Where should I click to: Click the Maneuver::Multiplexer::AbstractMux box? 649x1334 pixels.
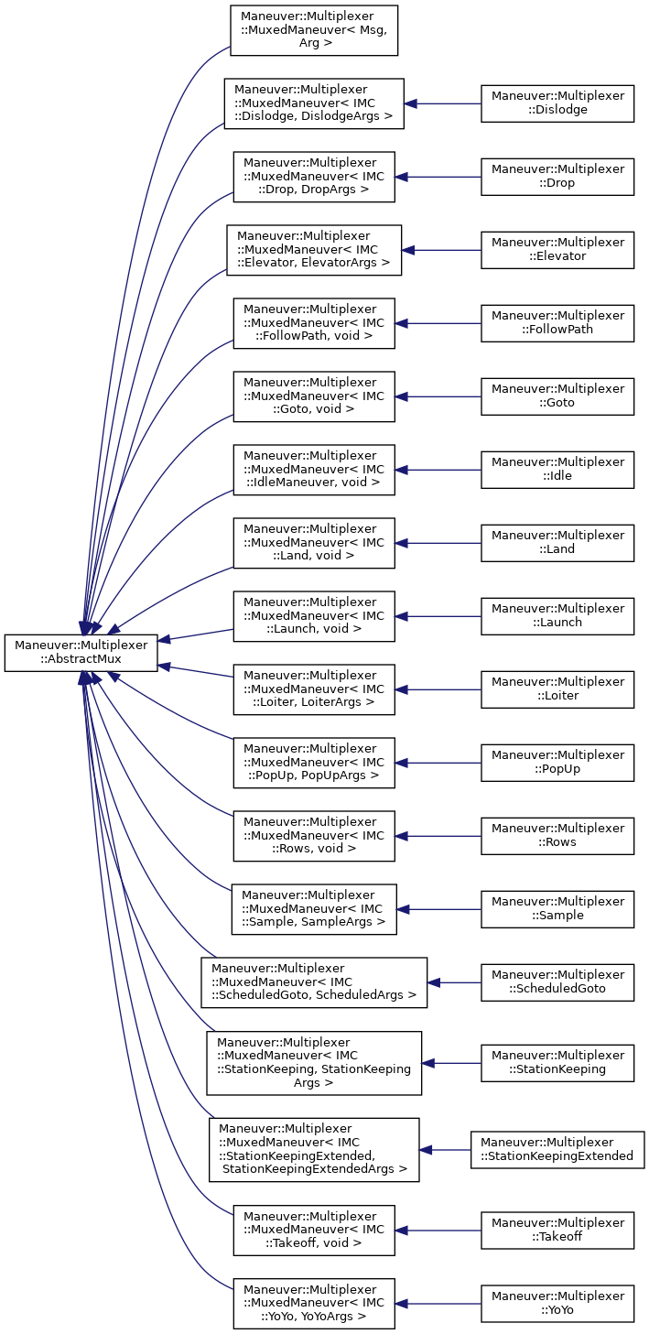point(81,652)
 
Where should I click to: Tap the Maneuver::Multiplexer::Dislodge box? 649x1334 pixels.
point(557,103)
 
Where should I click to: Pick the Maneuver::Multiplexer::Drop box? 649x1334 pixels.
point(557,176)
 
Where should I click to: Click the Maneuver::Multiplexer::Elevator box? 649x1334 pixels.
point(557,249)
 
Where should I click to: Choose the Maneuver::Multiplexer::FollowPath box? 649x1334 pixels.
point(557,322)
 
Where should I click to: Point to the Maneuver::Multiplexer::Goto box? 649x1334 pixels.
point(557,396)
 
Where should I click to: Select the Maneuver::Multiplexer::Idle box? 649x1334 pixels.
point(557,469)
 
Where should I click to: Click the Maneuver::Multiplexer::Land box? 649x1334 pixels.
point(557,542)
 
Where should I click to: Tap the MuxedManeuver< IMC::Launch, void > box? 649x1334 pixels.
point(313,615)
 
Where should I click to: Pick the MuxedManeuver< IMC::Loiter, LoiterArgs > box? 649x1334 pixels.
point(313,689)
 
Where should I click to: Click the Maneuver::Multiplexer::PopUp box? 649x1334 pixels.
point(557,762)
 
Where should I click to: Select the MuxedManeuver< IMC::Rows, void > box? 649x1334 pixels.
point(313,835)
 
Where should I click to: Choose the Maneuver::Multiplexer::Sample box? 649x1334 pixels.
point(557,908)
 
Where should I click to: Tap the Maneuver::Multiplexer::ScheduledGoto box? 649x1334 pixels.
point(557,982)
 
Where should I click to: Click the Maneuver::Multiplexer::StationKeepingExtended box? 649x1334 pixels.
point(557,1148)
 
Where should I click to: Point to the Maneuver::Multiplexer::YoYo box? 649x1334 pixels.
point(557,1303)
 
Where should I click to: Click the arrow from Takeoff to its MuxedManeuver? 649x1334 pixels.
point(438,1230)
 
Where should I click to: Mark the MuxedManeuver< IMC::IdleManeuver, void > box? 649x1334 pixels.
point(313,469)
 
